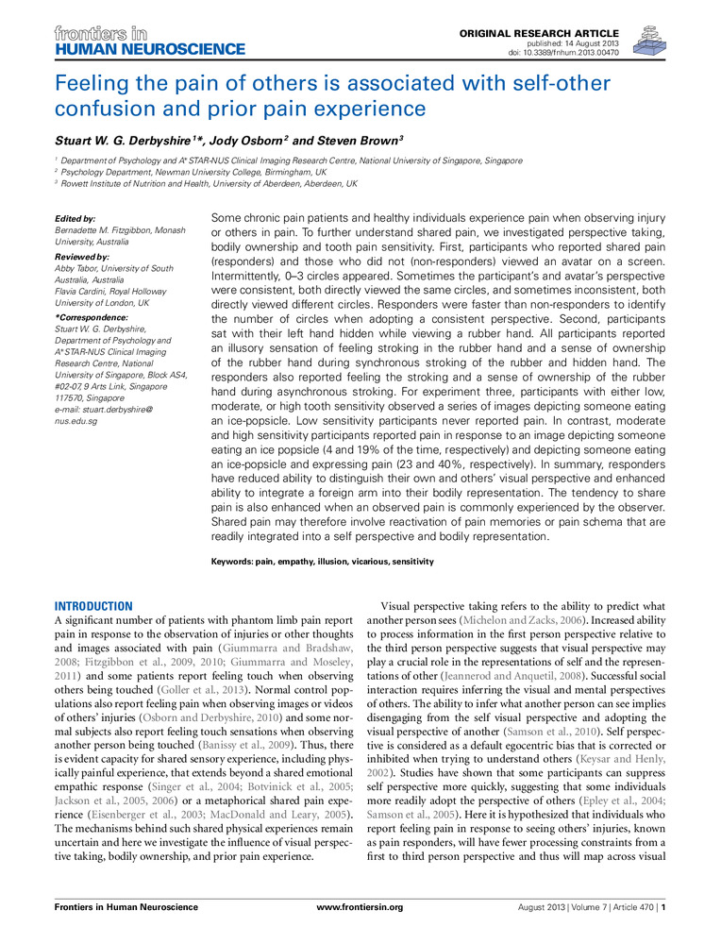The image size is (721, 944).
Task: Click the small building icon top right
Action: point(648,39)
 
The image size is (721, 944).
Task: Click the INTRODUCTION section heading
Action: point(93,606)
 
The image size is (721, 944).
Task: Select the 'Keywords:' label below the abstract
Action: point(234,562)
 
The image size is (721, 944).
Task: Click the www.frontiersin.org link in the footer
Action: point(360,907)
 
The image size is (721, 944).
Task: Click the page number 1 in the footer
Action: point(664,907)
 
